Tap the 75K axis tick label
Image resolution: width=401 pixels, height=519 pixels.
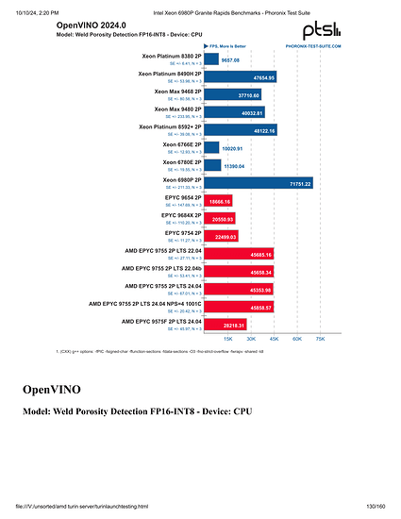coord(320,338)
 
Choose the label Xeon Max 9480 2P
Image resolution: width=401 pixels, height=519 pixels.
coord(170,109)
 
